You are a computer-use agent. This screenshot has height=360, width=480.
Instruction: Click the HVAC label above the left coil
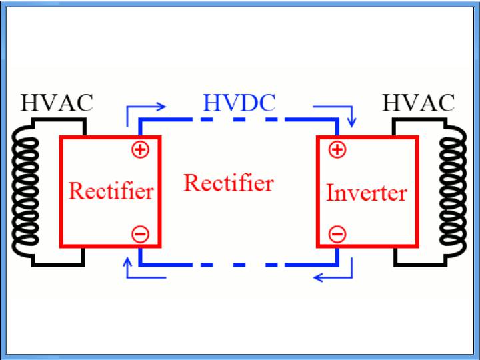pyautogui.click(x=57, y=103)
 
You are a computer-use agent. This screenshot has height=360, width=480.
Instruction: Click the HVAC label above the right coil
pyautogui.click(x=418, y=103)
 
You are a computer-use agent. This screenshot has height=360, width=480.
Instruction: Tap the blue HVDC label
pyautogui.click(x=239, y=103)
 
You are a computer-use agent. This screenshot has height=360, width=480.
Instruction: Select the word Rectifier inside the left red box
pyautogui.click(x=111, y=191)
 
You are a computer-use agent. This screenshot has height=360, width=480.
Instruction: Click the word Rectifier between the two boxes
pyautogui.click(x=228, y=183)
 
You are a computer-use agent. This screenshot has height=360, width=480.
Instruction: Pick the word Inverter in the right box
pyautogui.click(x=366, y=193)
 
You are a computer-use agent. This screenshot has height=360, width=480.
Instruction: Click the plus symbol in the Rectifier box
pyautogui.click(x=140, y=149)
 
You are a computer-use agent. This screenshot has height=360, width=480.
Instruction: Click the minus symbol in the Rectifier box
pyautogui.click(x=140, y=234)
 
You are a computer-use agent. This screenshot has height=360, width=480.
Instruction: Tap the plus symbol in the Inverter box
pyautogui.click(x=337, y=149)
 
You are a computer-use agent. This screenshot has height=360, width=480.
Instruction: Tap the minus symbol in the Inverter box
pyautogui.click(x=337, y=234)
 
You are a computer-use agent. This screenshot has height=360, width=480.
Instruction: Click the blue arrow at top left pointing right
pyautogui.click(x=143, y=110)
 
